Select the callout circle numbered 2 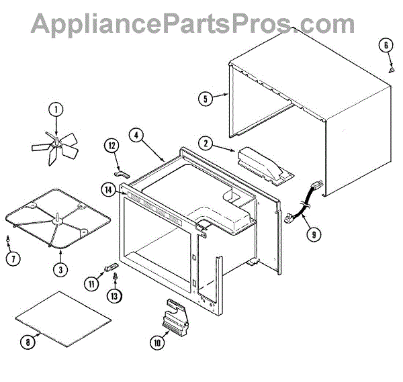pyautogui.click(x=205, y=142)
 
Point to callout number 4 pyautogui.click(x=136, y=135)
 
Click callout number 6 pyautogui.click(x=386, y=46)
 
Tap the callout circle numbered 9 pyautogui.click(x=313, y=234)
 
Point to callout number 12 pyautogui.click(x=111, y=146)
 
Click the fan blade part pyautogui.click(x=56, y=144)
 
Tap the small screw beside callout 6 pyautogui.click(x=391, y=67)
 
